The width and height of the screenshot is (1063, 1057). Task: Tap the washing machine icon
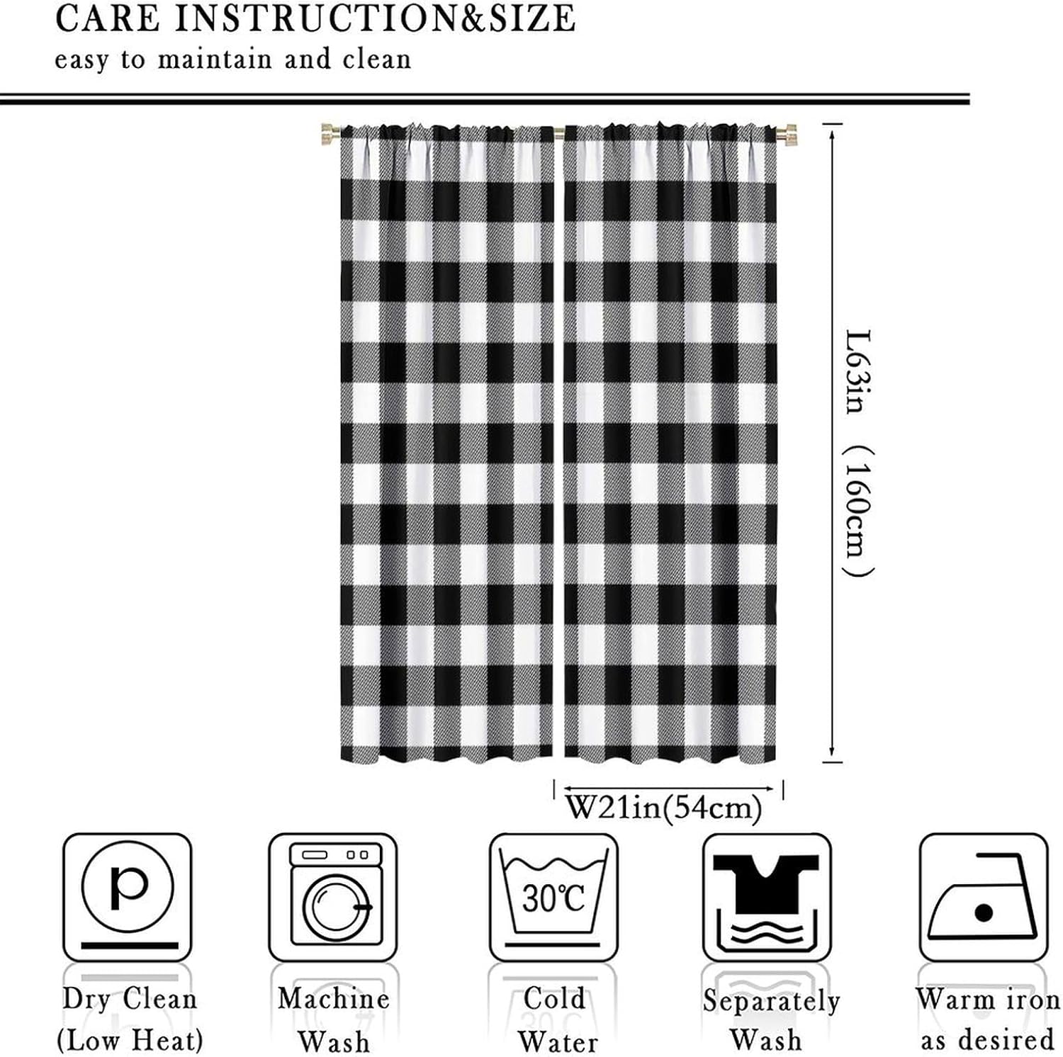[333, 896]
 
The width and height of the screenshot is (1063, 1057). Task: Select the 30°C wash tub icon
[553, 896]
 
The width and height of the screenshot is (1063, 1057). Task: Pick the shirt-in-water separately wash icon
[767, 896]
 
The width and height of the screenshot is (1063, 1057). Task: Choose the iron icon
[983, 896]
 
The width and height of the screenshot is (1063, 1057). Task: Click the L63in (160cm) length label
[860, 453]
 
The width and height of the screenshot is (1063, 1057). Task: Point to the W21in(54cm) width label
[664, 808]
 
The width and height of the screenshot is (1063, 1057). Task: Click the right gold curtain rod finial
[787, 133]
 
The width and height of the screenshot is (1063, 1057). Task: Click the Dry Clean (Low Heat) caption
[130, 1020]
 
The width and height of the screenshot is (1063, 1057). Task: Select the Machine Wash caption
[333, 1020]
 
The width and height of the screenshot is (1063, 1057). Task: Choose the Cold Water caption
[556, 1020]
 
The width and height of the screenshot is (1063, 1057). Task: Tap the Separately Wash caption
[770, 1020]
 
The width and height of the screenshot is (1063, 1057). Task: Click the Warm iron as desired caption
[987, 1020]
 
